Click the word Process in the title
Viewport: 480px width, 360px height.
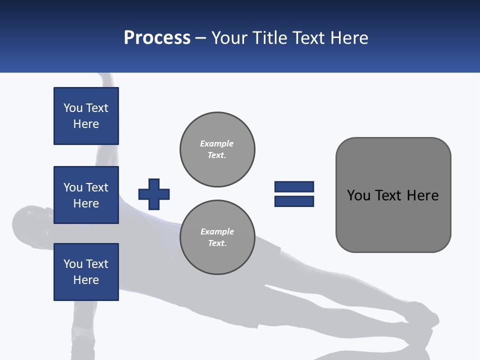(157, 38)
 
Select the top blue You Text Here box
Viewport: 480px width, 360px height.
(86, 116)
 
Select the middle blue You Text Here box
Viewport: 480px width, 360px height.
(86, 195)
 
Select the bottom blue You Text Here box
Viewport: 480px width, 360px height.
(86, 272)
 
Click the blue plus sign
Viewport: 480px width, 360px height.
(154, 194)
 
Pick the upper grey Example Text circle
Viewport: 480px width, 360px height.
(217, 149)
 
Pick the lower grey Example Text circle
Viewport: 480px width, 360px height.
(217, 237)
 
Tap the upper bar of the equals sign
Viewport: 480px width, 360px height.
(294, 186)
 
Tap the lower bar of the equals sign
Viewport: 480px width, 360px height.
(294, 201)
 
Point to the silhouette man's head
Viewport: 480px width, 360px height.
(30, 222)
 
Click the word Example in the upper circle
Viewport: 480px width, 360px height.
(217, 143)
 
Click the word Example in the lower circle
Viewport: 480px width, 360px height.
(217, 231)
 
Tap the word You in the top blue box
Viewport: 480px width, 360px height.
(73, 108)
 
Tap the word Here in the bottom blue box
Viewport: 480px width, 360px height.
(86, 280)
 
